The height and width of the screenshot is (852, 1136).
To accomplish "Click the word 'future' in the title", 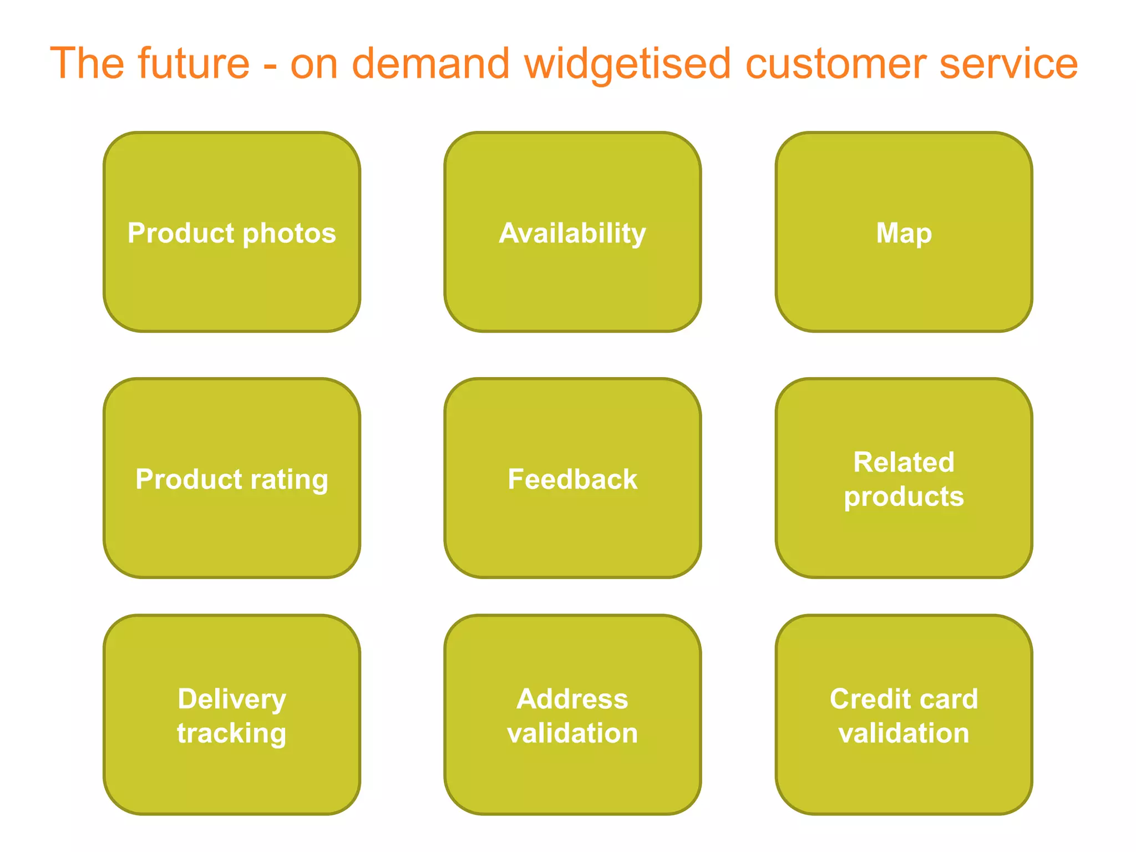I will click(194, 63).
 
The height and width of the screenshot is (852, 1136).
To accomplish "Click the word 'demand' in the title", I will click(430, 63).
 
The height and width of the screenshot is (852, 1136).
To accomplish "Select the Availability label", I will click(572, 234).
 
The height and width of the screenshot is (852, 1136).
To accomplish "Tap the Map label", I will click(904, 233).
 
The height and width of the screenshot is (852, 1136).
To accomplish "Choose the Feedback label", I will click(572, 479).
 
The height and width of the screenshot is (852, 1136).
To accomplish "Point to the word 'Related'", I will click(904, 462).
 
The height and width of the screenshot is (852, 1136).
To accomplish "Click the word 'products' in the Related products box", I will click(904, 497).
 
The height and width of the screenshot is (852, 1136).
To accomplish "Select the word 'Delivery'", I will click(232, 699).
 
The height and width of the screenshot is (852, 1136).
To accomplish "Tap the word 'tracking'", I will click(232, 734).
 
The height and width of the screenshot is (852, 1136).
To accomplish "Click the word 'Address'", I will click(572, 699).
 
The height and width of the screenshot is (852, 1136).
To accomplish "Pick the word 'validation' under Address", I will click(572, 733).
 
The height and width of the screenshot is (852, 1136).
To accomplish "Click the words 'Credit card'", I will click(904, 699).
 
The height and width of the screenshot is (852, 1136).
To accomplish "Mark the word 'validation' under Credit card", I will click(904, 733).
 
